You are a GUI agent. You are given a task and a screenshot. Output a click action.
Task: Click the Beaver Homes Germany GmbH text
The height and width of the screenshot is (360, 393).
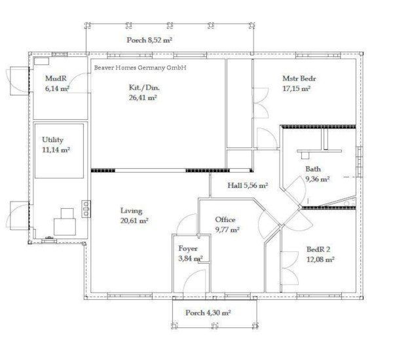pyautogui.click(x=140, y=67)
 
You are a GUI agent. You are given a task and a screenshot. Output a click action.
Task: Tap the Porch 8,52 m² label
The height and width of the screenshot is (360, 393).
pyautogui.click(x=149, y=40)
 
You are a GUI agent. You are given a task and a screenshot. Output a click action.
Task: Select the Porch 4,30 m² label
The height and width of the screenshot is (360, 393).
pyautogui.click(x=208, y=313)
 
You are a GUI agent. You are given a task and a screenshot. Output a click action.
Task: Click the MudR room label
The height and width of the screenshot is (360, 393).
pyautogui.click(x=56, y=79)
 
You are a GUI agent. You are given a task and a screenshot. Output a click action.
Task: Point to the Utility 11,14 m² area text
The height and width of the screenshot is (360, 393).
pyautogui.click(x=56, y=145)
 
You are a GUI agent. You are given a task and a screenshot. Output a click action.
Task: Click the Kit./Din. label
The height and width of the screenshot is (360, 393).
pyautogui.click(x=144, y=88)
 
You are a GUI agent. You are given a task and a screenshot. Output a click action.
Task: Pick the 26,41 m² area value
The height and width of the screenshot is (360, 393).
pyautogui.click(x=143, y=98)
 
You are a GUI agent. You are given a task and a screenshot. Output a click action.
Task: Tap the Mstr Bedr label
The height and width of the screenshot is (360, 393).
pyautogui.click(x=299, y=79)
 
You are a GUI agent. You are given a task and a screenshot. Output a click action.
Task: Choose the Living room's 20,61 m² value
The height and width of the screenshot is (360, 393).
pyautogui.click(x=134, y=221)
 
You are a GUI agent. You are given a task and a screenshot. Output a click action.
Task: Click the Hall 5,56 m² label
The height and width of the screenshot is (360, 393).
pyautogui.click(x=248, y=186)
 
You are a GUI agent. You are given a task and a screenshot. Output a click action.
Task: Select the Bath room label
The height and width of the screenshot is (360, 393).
pyautogui.click(x=313, y=169)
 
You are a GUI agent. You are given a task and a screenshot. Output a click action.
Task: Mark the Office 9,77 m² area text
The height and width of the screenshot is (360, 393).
pyautogui.click(x=227, y=225)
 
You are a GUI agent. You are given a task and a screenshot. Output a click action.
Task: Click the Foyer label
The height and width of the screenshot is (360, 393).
pyautogui.click(x=188, y=249)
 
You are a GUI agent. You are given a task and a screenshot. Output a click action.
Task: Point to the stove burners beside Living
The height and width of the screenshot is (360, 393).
pyautogui.click(x=86, y=209)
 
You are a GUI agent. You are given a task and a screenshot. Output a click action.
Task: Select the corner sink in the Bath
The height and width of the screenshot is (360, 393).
pyautogui.click(x=349, y=202)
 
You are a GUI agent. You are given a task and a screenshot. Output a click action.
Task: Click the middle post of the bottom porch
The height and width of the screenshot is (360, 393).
pyautogui.click(x=215, y=326)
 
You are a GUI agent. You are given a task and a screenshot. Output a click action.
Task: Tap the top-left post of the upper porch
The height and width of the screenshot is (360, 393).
pyautogui.click(x=88, y=26)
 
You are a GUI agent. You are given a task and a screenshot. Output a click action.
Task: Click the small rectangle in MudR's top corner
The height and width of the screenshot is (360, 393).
pyautogui.click(x=41, y=62)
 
